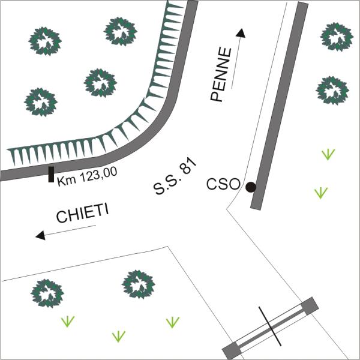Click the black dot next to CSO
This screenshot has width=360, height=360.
[250, 187]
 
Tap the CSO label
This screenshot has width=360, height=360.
[223, 184]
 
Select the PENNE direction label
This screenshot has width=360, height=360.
[221, 74]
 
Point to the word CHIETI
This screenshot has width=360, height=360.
[82, 213]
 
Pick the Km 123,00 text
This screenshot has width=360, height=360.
[87, 176]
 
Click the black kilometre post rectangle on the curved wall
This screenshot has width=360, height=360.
[51, 175]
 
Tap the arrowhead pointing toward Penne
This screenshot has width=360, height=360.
[241, 33]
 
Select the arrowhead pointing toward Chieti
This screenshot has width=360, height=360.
[40, 235]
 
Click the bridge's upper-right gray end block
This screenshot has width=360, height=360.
[310, 305]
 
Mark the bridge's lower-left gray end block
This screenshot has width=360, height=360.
[232, 350]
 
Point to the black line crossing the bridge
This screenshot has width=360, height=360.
[270, 326]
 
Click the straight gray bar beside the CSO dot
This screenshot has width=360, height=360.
[280, 106]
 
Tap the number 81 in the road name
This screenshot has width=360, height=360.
[188, 166]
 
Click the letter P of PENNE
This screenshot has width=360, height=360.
[216, 96]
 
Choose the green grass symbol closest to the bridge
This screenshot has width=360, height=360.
[173, 322]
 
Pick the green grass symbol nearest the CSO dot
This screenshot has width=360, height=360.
[321, 193]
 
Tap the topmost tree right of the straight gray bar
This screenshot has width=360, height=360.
[337, 37]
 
